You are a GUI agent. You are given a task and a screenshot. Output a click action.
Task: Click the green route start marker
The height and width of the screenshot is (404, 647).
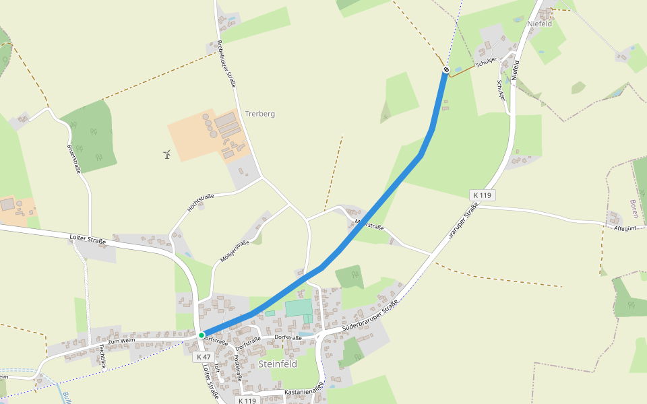pos(202,335)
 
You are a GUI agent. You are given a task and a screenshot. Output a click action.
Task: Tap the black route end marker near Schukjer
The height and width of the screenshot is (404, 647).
pos(446,69)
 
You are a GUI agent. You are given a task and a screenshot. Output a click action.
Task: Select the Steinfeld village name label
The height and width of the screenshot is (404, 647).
pos(278,364)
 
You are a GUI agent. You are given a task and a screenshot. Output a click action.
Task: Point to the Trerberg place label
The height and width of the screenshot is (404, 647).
pos(260,114)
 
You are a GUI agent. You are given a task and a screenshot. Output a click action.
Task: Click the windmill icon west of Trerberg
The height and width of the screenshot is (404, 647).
pos(167,155)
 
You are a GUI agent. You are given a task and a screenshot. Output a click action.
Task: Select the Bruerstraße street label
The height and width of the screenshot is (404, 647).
pos(73,158)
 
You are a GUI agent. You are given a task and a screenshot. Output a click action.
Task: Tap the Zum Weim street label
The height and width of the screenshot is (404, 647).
pos(122,343)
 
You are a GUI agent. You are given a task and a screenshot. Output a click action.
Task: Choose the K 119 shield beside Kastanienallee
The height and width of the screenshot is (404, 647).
pos(247,400)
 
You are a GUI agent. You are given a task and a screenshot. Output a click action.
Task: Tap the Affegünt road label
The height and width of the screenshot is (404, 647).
pos(625,228)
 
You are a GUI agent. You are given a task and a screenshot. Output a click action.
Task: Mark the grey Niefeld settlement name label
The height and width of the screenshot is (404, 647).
pos(541,24)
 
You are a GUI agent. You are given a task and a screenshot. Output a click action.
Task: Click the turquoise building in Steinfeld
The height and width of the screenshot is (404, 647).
pos(299,308)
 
